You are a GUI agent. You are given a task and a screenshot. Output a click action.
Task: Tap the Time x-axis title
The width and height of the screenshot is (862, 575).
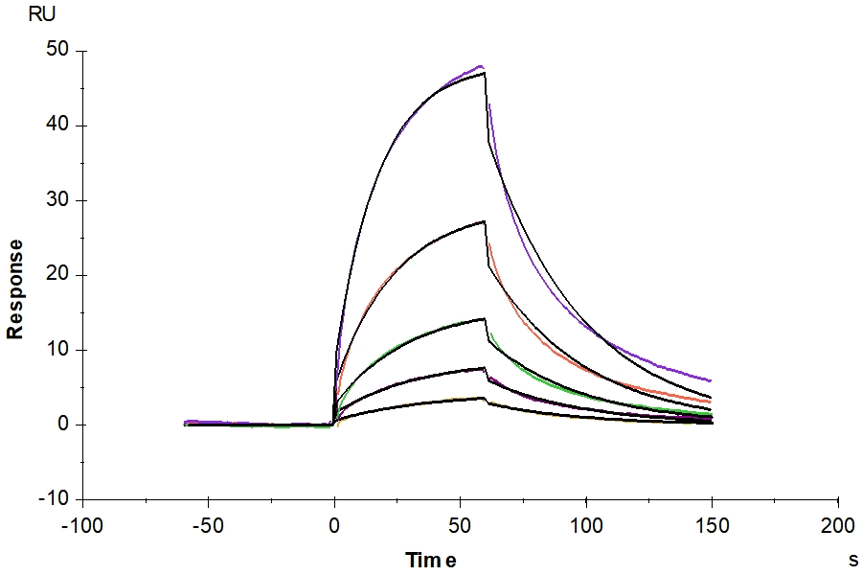pyautogui.click(x=430, y=559)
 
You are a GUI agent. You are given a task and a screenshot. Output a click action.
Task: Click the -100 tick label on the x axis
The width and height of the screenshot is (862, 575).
pyautogui.click(x=81, y=525)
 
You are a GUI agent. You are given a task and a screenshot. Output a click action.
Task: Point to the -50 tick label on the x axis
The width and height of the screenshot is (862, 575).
pyautogui.click(x=208, y=525)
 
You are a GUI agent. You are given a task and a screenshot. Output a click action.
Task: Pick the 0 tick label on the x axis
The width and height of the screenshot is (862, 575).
pyautogui.click(x=334, y=525)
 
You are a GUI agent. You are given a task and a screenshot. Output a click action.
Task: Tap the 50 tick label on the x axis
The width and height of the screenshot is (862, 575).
pyautogui.click(x=460, y=525)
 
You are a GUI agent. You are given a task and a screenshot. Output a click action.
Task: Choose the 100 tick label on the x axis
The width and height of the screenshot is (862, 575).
pyautogui.click(x=586, y=525)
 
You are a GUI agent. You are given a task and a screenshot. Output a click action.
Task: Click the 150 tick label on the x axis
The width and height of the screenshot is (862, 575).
pyautogui.click(x=712, y=525)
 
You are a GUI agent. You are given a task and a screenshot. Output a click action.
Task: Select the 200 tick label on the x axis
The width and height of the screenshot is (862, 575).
pyautogui.click(x=838, y=525)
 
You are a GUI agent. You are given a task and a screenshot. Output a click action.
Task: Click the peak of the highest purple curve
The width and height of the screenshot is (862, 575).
pyautogui.click(x=482, y=66)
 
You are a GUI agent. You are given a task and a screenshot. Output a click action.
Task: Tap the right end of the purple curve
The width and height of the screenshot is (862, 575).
pyautogui.click(x=711, y=380)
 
